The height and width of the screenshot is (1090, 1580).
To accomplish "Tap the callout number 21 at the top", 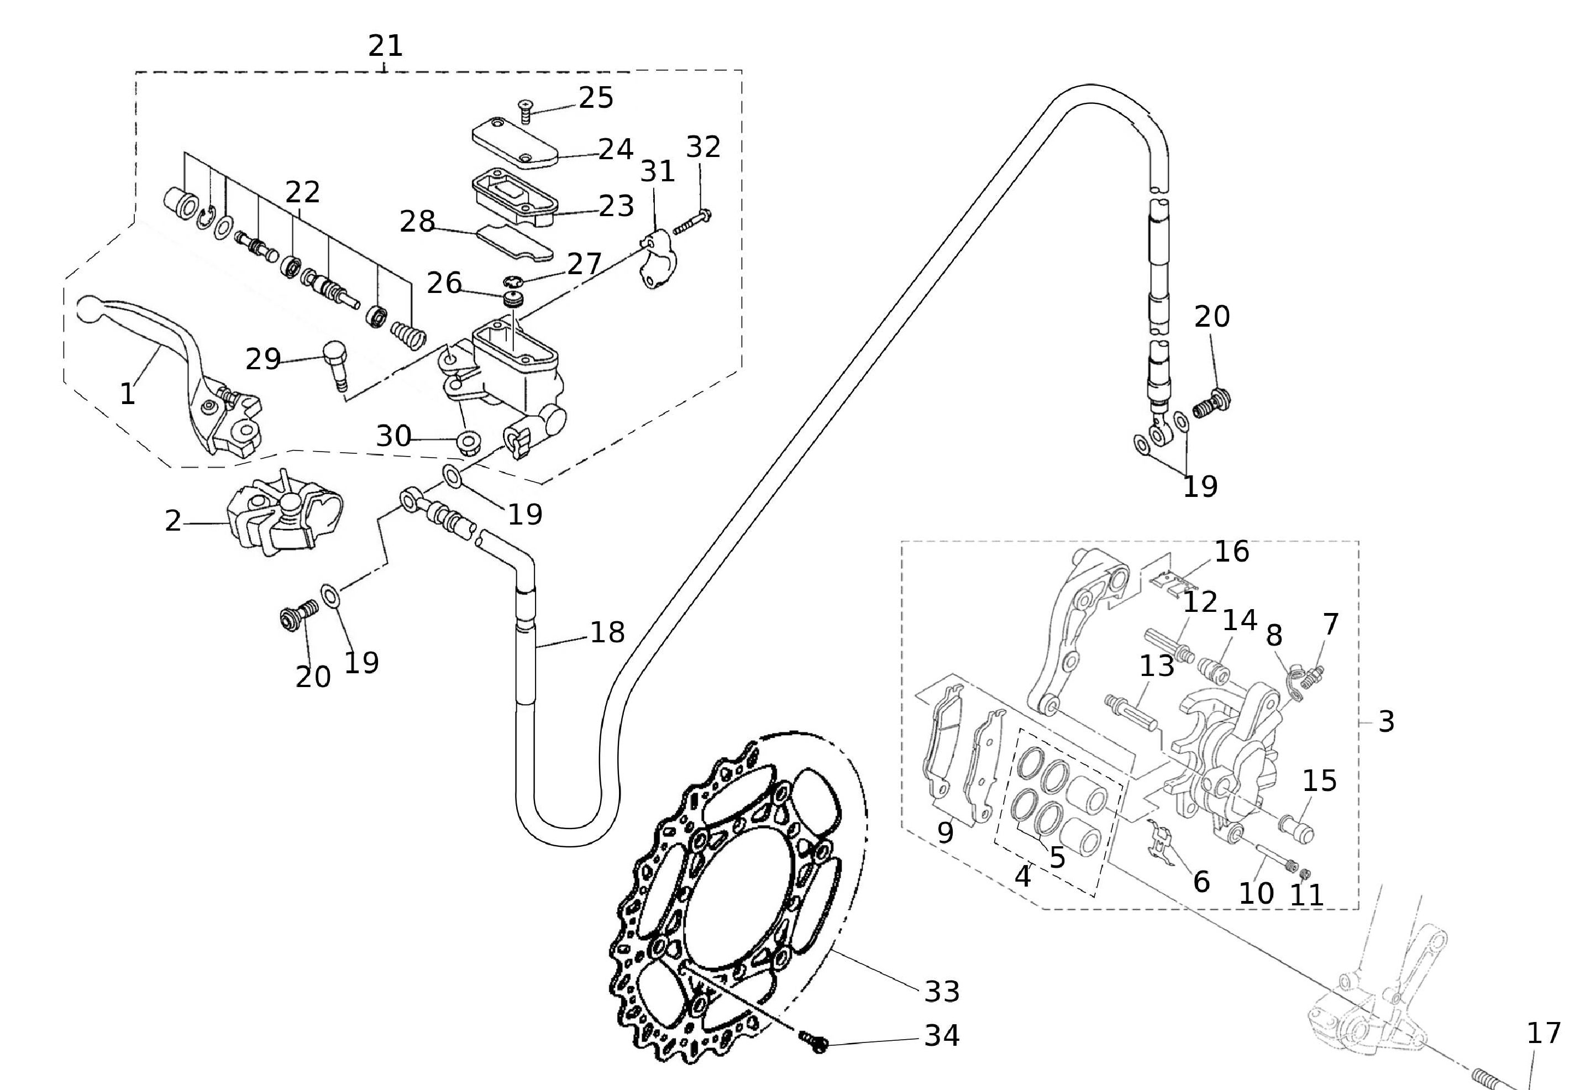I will pyautogui.click(x=386, y=46).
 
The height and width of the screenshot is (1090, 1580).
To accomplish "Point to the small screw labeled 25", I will pyautogui.click(x=525, y=111).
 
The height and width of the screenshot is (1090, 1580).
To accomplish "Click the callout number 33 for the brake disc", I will pyautogui.click(x=942, y=991).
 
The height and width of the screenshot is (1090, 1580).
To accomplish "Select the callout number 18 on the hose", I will pyautogui.click(x=607, y=632).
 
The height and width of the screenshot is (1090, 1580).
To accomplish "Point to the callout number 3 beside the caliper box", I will pyautogui.click(x=1385, y=721).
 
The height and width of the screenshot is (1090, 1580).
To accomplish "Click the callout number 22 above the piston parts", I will pyautogui.click(x=302, y=192).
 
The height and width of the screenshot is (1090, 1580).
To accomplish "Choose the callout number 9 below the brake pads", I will pyautogui.click(x=945, y=832).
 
